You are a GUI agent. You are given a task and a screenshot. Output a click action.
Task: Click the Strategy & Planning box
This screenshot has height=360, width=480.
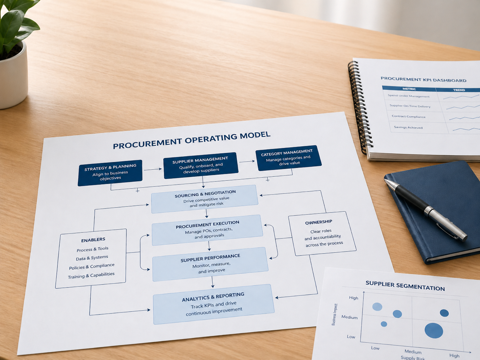110,173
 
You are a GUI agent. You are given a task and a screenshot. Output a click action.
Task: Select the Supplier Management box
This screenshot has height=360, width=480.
201,165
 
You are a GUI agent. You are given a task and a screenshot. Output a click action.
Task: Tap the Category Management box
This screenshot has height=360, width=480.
289,158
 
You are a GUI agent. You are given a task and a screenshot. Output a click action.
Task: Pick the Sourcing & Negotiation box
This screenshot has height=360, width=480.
205,199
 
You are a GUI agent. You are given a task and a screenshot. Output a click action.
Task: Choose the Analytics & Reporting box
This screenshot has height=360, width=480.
214,304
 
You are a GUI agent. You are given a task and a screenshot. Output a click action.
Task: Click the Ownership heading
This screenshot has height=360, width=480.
319,222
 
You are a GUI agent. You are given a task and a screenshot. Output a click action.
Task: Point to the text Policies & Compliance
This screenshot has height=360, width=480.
92,267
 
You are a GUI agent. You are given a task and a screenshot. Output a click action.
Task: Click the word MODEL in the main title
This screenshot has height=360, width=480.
255,136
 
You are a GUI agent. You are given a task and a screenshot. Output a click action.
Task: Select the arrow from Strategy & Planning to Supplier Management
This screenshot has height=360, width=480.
152,169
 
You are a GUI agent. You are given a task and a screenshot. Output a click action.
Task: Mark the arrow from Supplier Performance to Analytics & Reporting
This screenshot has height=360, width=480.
212,282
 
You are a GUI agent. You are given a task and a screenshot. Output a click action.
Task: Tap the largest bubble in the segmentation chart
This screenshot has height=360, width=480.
434,330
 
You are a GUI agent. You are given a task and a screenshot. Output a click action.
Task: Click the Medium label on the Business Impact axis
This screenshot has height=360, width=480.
349,317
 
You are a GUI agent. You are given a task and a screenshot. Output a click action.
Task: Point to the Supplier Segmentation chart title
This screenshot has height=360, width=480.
405,286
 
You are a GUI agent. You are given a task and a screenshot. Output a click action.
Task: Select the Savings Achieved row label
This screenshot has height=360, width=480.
408,127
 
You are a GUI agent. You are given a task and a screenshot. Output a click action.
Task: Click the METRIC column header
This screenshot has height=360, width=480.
409,89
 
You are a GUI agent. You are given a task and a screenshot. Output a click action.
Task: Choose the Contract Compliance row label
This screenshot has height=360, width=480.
408,116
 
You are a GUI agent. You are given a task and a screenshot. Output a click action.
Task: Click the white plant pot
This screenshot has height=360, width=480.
13,77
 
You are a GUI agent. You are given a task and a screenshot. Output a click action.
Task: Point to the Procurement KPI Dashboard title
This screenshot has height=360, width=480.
424,79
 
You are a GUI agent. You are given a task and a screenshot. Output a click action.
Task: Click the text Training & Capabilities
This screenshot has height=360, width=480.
91,275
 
